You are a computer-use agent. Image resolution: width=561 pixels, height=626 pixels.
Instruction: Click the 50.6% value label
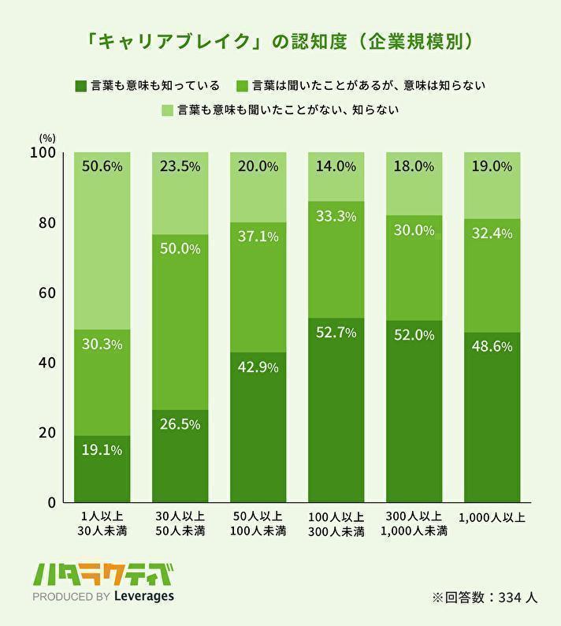[102, 167]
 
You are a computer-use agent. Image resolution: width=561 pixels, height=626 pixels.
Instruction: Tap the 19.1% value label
[102, 451]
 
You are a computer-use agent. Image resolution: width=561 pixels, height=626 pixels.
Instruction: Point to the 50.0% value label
[180, 249]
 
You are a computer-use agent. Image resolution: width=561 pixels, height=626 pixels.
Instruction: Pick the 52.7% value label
[336, 333]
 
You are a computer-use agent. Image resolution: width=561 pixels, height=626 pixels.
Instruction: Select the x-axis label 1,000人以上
[492, 518]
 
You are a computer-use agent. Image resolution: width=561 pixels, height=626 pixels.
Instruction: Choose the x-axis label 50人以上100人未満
[258, 524]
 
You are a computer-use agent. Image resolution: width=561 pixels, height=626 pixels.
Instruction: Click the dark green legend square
[79, 85]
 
